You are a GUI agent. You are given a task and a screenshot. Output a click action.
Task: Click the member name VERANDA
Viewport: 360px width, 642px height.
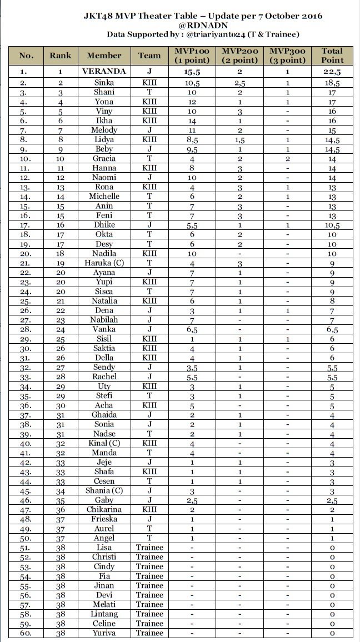tap(104, 72)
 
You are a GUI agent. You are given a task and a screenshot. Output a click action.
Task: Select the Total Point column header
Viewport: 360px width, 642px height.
tap(332, 56)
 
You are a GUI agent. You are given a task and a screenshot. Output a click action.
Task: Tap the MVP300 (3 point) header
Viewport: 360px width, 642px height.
tap(287, 56)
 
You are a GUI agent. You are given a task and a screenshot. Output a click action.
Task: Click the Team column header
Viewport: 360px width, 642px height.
tap(149, 56)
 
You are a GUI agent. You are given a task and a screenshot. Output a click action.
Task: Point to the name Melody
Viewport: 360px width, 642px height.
tap(104, 129)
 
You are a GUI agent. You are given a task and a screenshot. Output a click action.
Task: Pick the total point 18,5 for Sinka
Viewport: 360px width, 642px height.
tap(332, 82)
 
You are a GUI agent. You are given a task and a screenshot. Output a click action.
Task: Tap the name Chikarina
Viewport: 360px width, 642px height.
tap(104, 509)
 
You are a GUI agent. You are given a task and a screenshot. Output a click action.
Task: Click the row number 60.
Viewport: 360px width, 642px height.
tap(26, 633)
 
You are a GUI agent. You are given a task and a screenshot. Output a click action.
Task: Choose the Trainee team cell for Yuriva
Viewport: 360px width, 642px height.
tap(149, 633)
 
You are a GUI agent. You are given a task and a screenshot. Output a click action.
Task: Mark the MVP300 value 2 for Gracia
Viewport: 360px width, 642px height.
tap(287, 158)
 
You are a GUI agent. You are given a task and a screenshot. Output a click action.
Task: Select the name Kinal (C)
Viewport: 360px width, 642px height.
tap(104, 443)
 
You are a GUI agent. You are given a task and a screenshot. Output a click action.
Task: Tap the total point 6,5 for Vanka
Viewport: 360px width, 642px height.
tap(332, 329)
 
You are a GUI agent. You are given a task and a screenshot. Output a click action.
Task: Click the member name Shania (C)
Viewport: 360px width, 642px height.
tap(104, 490)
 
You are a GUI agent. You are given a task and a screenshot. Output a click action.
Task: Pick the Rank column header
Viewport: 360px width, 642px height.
tap(60, 56)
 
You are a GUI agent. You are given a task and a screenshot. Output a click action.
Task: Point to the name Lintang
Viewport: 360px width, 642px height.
tap(104, 614)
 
